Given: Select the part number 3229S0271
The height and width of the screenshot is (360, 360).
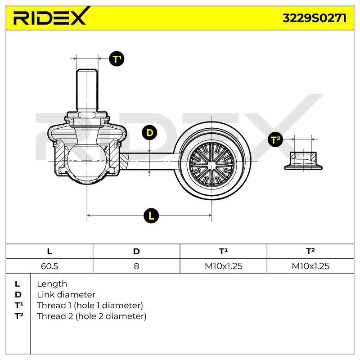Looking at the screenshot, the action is (x=314, y=18).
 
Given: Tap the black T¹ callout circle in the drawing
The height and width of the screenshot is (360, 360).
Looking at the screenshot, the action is (x=117, y=59).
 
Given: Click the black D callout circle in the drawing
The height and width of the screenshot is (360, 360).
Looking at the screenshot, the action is (x=149, y=133).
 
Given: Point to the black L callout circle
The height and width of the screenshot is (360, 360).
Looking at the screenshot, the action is (x=151, y=216).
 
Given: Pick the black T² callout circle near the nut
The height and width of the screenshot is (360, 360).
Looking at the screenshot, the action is (x=275, y=139).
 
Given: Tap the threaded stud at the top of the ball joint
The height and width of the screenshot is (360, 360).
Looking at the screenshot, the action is (x=87, y=90).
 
